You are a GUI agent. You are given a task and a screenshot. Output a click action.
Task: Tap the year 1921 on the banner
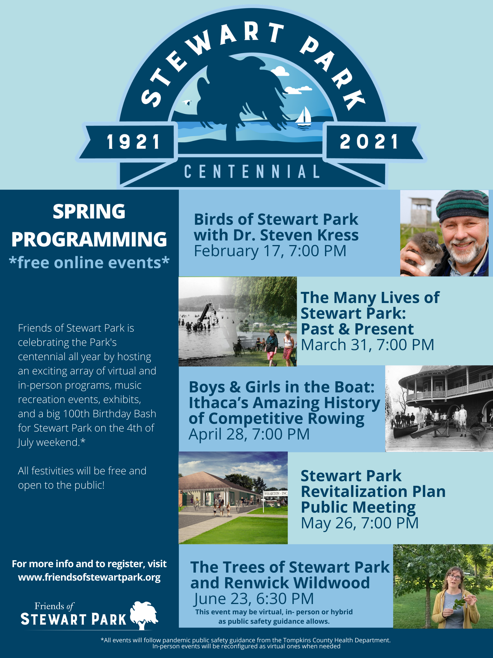pos(134,142)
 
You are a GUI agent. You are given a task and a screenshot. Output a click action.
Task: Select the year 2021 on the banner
pos(369,142)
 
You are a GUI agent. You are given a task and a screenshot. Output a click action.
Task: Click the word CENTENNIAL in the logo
pos(252,172)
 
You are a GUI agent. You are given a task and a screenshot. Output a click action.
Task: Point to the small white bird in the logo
pos(187,102)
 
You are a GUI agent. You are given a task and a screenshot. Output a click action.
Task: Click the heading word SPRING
pos(89,212)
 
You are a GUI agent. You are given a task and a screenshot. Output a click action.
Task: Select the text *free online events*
pos(89,263)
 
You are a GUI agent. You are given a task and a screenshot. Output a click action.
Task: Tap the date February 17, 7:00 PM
pos(270,251)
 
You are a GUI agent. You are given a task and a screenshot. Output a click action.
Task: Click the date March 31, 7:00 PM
pos(367,345)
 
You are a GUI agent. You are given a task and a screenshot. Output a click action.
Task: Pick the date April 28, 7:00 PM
pos(249,434)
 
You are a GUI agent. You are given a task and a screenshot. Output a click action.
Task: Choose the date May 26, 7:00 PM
pos(359,523)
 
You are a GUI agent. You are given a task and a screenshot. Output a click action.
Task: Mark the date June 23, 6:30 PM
pos(253,599)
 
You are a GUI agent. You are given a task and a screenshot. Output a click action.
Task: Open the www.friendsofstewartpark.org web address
pos(89,577)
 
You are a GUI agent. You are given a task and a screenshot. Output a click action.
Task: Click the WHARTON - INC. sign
pos(276,493)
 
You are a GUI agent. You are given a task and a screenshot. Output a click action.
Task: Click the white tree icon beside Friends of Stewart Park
pos(144,614)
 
